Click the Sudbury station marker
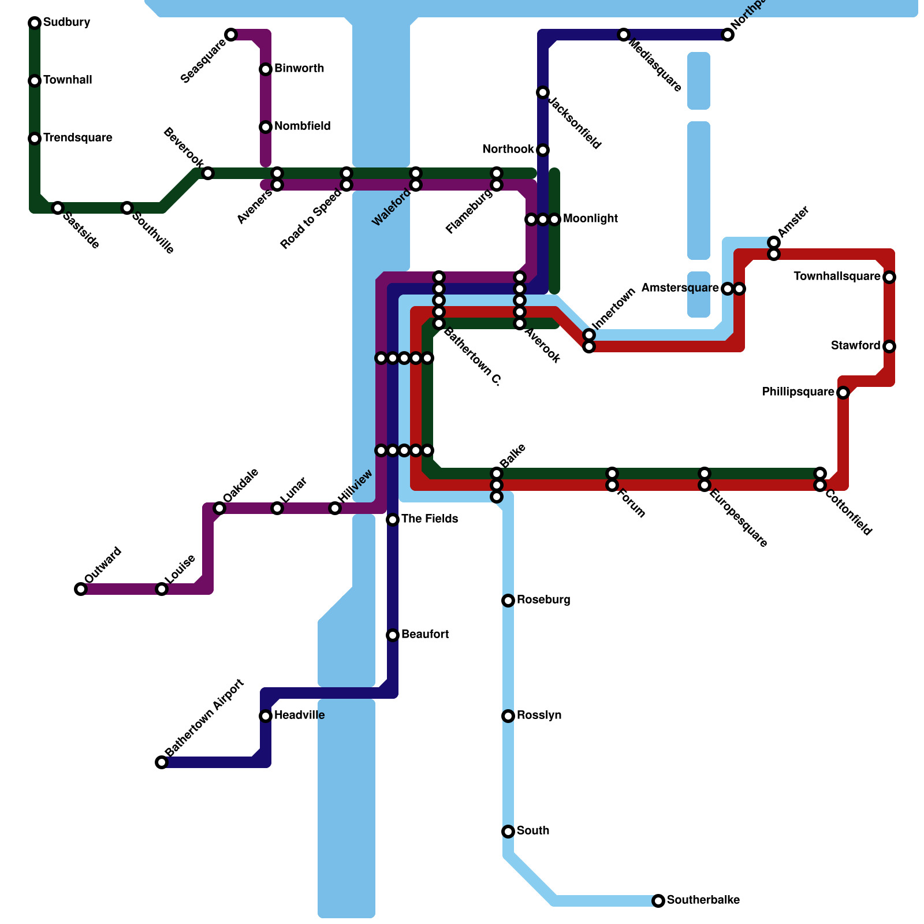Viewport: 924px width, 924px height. [35, 23]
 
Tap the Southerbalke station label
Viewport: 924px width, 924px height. [703, 900]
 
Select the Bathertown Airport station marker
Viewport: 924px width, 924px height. [162, 762]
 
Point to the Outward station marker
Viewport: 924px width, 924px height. [81, 589]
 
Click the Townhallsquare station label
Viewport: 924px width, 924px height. [837, 277]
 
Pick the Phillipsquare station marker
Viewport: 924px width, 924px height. [843, 393]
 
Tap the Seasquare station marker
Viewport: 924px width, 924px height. [231, 35]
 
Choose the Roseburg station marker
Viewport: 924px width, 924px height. [508, 601]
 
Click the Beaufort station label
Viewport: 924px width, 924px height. [425, 635]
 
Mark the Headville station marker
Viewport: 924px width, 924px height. [266, 716]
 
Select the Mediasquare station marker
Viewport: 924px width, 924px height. [624, 35]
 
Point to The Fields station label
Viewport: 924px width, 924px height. [430, 519]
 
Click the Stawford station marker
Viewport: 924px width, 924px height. [889, 346]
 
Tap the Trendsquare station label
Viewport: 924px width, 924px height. [77, 138]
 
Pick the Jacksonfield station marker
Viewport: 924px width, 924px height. [543, 92]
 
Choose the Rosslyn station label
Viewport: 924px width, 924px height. [539, 716]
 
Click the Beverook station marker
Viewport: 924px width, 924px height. [208, 173]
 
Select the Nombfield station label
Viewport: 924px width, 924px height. [303, 126]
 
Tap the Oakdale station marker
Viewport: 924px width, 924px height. [219, 508]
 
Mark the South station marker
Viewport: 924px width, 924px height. [508, 832]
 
